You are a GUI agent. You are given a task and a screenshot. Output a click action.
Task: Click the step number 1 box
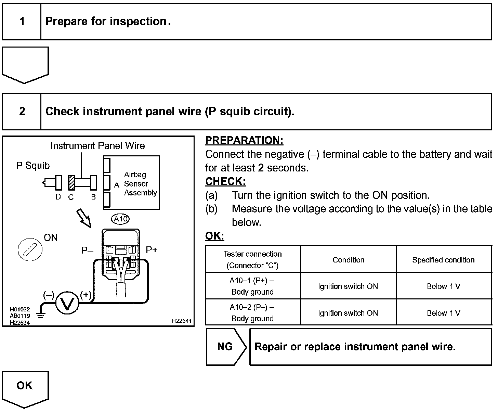22,22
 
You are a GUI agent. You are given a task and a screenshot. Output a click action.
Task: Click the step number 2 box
22,112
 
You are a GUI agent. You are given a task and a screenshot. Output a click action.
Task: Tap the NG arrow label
225,347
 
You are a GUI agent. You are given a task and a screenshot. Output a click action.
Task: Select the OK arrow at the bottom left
25,387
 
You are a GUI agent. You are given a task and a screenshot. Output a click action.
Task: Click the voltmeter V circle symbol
67,303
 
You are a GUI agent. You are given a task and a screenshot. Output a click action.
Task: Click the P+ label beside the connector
152,250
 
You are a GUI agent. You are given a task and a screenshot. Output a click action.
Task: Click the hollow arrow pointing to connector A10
84,218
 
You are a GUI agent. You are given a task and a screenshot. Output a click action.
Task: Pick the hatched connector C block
71,182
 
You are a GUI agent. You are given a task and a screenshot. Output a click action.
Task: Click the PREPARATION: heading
244,140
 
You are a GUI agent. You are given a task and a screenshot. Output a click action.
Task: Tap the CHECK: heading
225,181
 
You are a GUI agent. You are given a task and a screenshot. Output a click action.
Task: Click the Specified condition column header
443,260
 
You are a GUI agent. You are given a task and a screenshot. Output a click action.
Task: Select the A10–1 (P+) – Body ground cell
253,286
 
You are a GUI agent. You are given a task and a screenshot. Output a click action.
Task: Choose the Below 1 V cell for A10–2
443,313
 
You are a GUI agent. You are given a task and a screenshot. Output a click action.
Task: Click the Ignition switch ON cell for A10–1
348,286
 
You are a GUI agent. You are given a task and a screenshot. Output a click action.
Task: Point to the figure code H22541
182,321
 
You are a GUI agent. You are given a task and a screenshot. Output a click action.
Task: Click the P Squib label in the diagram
33,166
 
